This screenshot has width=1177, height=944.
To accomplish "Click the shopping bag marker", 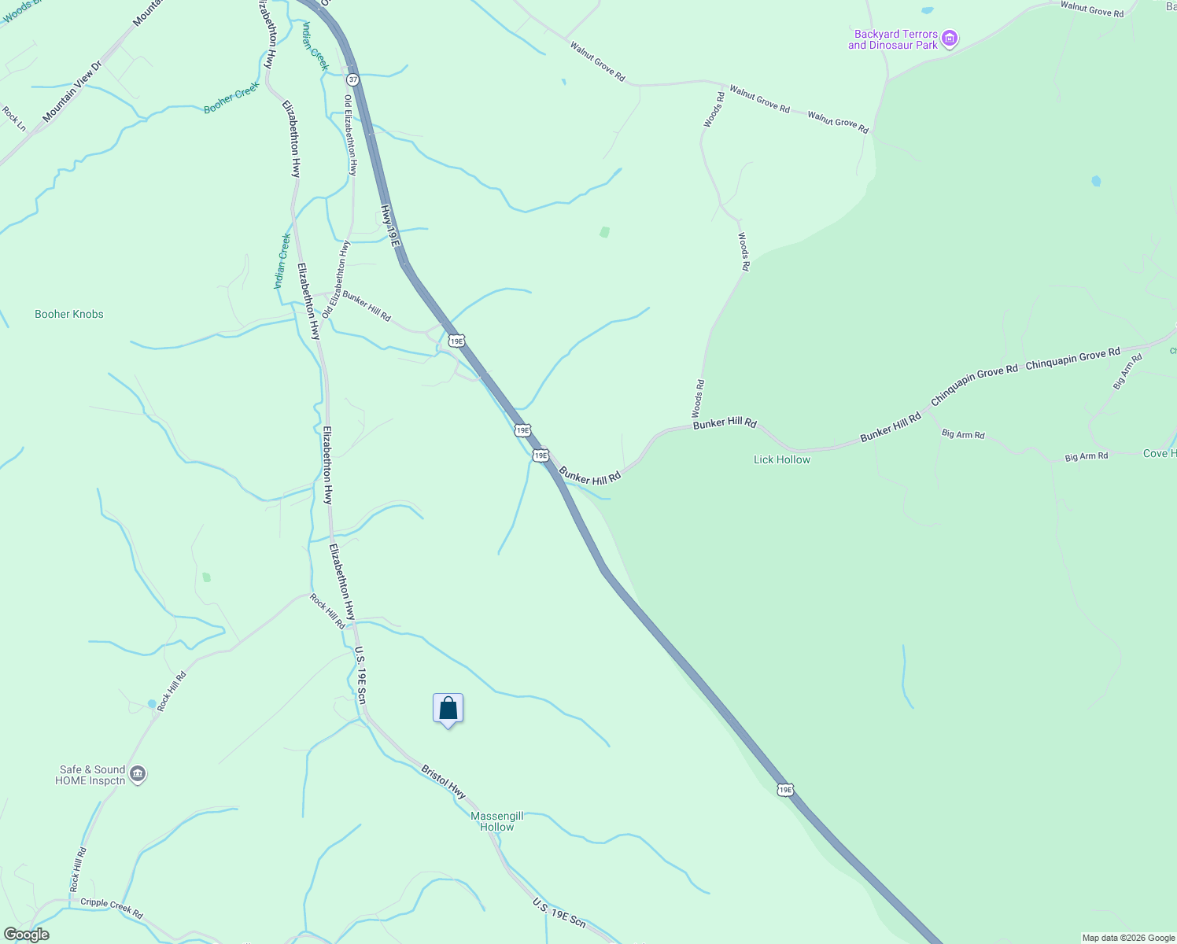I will (448, 709).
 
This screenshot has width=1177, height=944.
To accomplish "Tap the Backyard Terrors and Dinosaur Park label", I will (893, 39).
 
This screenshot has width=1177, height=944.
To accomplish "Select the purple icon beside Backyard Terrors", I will (950, 39).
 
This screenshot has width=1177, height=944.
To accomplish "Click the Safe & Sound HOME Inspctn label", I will (91, 775).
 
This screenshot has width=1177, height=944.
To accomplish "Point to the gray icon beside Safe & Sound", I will (138, 774).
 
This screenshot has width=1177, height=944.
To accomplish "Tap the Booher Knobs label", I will (69, 314).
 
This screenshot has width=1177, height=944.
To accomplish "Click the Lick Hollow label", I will (781, 459).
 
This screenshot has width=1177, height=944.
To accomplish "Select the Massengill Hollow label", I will (496, 821).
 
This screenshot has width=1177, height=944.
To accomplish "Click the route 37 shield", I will (352, 79).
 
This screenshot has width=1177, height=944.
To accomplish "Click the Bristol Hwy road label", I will (444, 781).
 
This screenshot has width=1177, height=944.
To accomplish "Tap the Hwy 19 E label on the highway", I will (391, 224).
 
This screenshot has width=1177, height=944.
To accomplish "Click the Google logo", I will (26, 935).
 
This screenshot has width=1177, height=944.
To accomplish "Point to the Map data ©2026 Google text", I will (1128, 938).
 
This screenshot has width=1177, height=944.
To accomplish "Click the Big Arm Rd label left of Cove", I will (1086, 456).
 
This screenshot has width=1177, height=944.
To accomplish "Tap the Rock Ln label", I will (14, 119).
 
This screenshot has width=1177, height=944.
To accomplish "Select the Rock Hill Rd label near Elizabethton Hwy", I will (327, 611).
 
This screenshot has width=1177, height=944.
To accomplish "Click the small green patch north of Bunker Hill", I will (604, 232).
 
